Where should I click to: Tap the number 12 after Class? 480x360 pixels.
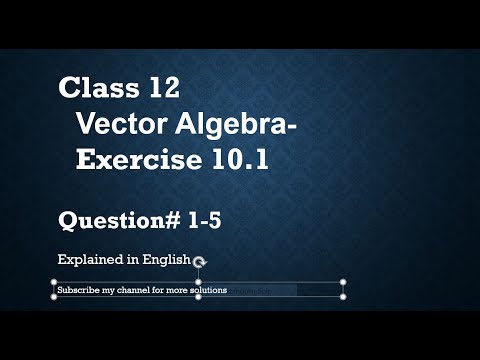(x=160, y=88)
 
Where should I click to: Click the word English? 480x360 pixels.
(x=165, y=259)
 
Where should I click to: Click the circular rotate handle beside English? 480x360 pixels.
(x=199, y=261)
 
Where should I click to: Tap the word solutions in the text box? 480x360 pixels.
(x=206, y=290)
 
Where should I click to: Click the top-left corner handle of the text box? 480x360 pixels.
(x=52, y=282)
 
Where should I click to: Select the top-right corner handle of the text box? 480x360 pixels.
(x=344, y=282)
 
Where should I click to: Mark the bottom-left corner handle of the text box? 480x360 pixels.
(x=52, y=297)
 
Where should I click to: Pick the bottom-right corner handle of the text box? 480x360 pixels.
(x=344, y=297)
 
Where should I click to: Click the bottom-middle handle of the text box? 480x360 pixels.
(x=198, y=297)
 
